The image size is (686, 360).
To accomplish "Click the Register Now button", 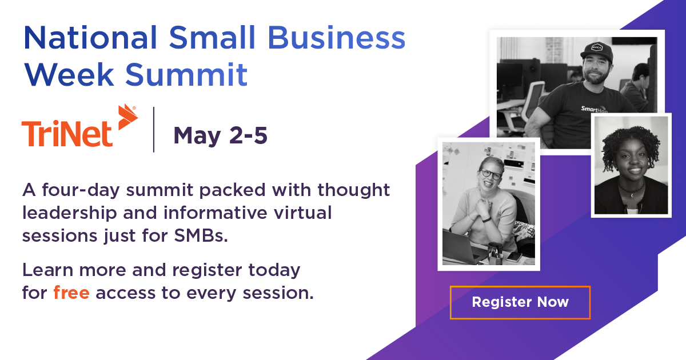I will pyautogui.click(x=520, y=302).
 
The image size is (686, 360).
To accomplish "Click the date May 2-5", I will pyautogui.click(x=220, y=136).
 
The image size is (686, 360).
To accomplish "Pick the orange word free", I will pyautogui.click(x=71, y=293).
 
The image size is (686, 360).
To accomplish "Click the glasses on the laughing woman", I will pyautogui.click(x=490, y=174).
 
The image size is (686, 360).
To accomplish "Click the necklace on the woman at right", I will pyautogui.click(x=631, y=189).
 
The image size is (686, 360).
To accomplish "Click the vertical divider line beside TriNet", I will pyautogui.click(x=154, y=129).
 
